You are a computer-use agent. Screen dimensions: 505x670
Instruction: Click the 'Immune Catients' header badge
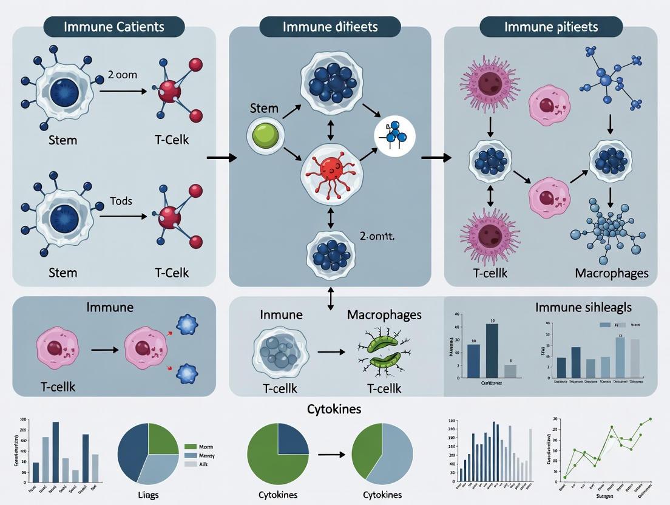(114, 27)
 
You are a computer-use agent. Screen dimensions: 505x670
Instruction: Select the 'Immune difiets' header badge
(330, 27)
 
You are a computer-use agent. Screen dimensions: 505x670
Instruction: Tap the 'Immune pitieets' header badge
(551, 27)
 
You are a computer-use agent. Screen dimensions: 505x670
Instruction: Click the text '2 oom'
(123, 75)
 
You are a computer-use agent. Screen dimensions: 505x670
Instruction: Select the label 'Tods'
(121, 202)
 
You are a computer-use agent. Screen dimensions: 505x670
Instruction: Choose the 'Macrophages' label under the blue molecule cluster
(611, 273)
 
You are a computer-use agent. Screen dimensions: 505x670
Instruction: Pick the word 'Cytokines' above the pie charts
(334, 409)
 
